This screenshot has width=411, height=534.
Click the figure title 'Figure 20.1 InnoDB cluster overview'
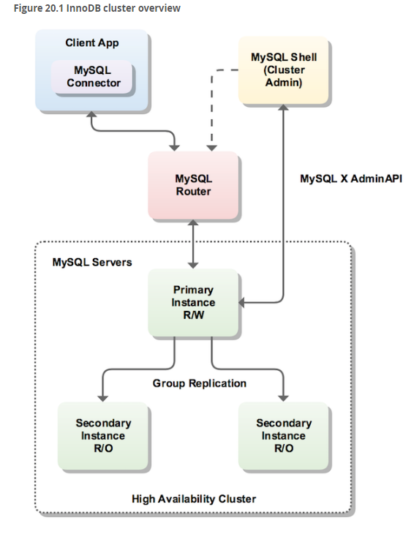[97, 8]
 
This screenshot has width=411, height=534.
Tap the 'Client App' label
[92, 43]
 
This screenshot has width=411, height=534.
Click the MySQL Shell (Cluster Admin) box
[284, 70]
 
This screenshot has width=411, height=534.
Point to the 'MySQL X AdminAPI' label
[351, 178]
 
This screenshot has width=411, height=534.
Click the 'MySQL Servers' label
[92, 262]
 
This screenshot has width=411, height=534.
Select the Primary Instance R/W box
[193, 302]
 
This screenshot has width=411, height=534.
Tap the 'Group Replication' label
[199, 383]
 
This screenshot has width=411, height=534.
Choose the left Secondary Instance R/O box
[103, 436]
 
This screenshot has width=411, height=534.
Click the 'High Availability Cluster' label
[194, 499]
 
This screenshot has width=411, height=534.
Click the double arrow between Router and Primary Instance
[193, 244]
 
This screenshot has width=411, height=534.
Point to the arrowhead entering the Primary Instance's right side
[241, 302]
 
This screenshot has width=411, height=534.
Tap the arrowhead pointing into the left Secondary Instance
[103, 399]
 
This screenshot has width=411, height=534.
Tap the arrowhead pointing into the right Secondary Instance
[283, 399]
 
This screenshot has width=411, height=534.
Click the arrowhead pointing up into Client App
[91, 114]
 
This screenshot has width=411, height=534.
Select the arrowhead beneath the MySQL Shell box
[283, 108]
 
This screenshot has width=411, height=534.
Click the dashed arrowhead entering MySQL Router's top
[212, 148]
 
